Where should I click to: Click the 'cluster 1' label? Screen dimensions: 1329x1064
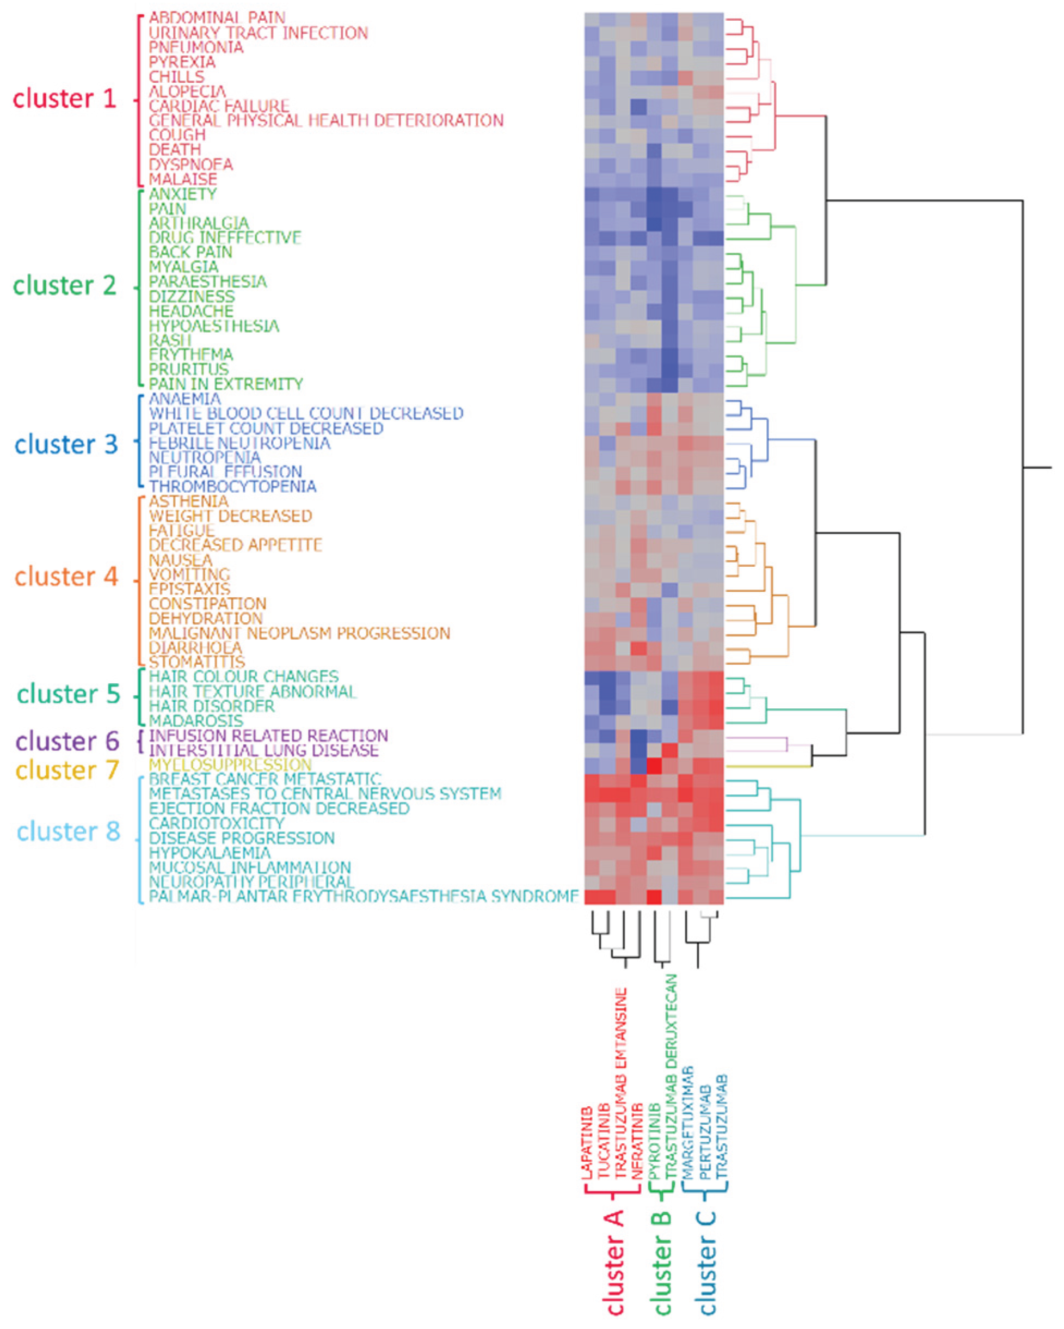(65, 99)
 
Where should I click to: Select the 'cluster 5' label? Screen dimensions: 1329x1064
(69, 694)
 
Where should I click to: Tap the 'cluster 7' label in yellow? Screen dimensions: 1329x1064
(67, 770)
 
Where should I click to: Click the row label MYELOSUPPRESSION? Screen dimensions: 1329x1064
(230, 765)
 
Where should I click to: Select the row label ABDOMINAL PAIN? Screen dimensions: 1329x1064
(217, 17)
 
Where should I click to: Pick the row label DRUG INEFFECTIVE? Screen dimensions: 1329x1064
(225, 237)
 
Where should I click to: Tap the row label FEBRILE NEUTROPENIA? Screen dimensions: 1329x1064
(239, 443)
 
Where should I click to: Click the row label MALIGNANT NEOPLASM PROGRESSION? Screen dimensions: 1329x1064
(299, 633)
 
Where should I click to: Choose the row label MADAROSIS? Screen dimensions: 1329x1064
(196, 721)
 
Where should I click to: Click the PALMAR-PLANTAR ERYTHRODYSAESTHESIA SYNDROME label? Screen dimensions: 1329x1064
(364, 896)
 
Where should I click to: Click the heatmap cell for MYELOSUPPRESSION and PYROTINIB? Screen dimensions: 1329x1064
(654, 765)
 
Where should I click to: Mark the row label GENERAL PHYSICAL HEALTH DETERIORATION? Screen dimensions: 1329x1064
(326, 120)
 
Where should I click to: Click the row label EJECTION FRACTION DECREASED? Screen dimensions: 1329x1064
(279, 808)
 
